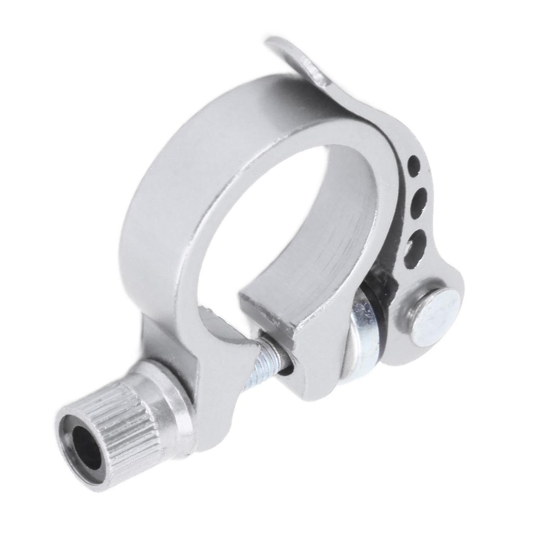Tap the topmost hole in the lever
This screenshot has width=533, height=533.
[414, 166]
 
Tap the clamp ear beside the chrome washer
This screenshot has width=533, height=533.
[312, 364]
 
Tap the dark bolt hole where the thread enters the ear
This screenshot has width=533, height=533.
[286, 367]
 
